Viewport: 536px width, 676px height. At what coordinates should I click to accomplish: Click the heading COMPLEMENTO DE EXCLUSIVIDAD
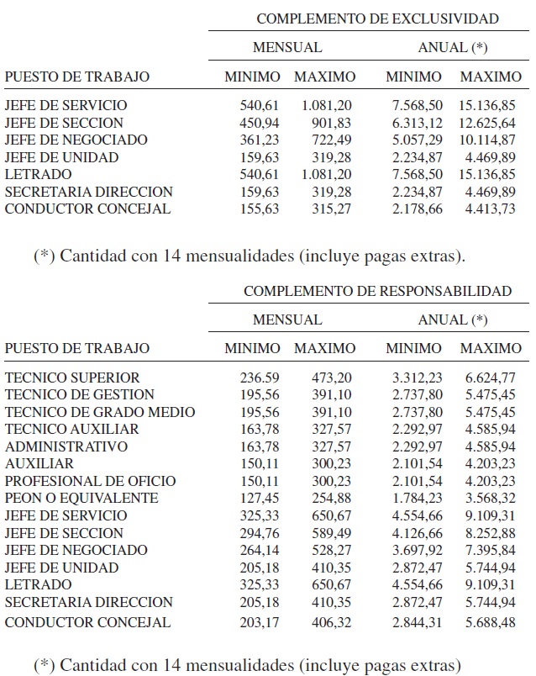[x=377, y=18]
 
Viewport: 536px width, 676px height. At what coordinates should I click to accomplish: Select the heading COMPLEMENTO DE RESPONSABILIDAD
[x=377, y=291]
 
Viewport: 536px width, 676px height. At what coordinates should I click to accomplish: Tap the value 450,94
[x=260, y=123]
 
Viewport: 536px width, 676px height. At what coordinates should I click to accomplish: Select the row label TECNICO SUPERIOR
[x=72, y=378]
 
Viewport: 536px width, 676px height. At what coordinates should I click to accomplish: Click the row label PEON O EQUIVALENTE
[x=81, y=498]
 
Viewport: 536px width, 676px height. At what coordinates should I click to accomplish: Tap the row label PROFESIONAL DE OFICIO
[x=91, y=481]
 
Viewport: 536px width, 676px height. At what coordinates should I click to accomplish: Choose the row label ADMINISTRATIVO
[x=66, y=446]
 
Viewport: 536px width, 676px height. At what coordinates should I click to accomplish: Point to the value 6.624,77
[x=491, y=378]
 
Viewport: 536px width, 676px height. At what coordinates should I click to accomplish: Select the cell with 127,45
[x=260, y=498]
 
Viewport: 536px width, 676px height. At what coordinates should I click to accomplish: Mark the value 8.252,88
[x=491, y=533]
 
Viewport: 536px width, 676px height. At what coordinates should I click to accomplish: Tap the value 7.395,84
[x=491, y=550]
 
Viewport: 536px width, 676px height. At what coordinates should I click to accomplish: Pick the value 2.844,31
[x=414, y=623]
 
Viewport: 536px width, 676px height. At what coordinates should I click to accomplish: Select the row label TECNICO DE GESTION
[x=80, y=394]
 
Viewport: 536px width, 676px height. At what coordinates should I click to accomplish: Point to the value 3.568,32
[x=491, y=498]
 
